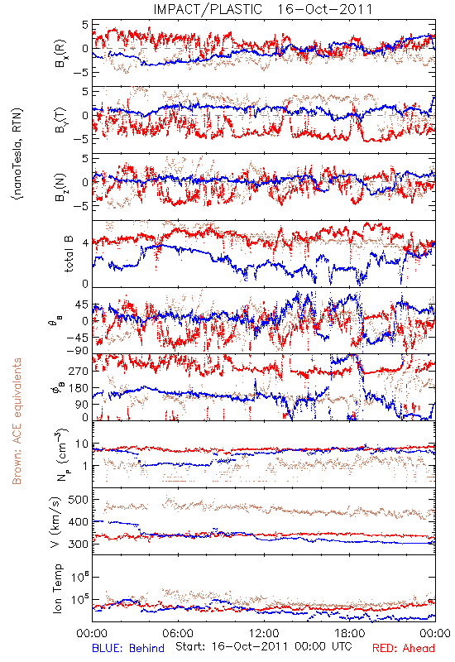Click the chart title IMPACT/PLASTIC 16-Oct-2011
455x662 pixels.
click(x=262, y=9)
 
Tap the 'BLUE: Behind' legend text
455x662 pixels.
click(x=128, y=648)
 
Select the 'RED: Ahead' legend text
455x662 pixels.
click(x=404, y=648)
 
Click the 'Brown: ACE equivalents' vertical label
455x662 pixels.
click(x=17, y=421)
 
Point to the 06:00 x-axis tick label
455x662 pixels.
click(x=178, y=633)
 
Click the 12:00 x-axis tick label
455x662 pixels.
click(x=264, y=633)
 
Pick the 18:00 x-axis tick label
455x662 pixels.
click(x=349, y=633)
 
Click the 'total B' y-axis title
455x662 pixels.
click(x=68, y=253)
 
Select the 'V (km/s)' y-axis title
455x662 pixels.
click(x=55, y=522)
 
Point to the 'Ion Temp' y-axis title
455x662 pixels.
click(x=57, y=588)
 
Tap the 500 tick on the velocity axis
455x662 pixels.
click(x=78, y=500)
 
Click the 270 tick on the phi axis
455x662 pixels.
click(x=79, y=371)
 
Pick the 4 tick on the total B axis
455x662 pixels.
click(x=86, y=243)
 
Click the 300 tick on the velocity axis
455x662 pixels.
click(x=78, y=544)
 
